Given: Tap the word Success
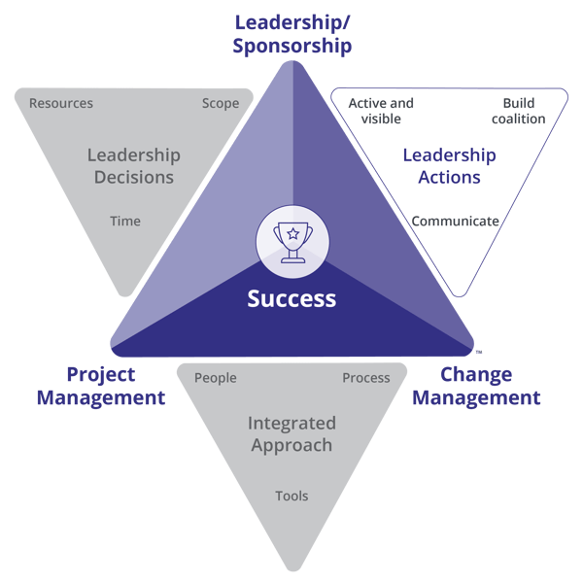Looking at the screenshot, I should pos(291,298).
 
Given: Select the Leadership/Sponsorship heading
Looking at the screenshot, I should pos(291,32).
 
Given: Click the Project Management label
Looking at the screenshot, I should pos(115,386).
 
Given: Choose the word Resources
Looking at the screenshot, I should pos(61,103).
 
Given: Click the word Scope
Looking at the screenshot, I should pos(221,103).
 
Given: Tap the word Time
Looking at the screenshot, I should pos(124,221).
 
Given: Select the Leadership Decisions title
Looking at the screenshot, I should pos(133,166).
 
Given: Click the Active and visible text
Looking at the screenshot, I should pos(380,111).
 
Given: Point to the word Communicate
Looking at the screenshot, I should pos(455,221).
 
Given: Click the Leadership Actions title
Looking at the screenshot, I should pos(449,166).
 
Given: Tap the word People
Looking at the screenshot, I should pos(216,378).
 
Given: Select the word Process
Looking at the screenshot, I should pos(365,378).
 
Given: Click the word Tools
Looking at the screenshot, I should pos(291,496).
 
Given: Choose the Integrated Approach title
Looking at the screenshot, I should pos(291,434).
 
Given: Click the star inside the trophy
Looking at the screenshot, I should pos(291,232).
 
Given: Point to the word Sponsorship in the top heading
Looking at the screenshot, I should pos(291,45).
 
